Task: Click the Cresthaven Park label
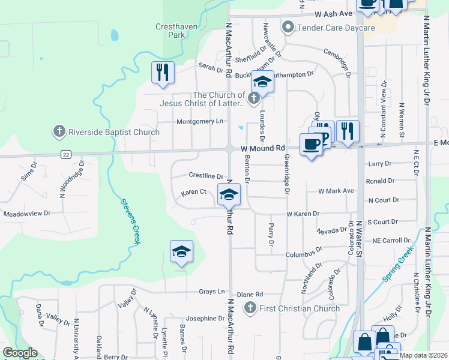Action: click(x=170, y=31)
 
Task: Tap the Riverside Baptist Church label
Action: click(x=114, y=132)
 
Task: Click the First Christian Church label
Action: click(x=299, y=308)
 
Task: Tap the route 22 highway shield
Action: click(x=66, y=154)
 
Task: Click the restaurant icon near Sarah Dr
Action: click(x=163, y=73)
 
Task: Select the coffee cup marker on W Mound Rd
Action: click(x=312, y=144)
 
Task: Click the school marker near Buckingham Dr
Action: click(x=262, y=82)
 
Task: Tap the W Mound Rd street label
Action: click(x=263, y=148)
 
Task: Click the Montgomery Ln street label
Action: click(x=200, y=121)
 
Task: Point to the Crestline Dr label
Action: click(x=206, y=176)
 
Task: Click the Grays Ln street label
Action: click(x=212, y=292)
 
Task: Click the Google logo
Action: click(x=20, y=353)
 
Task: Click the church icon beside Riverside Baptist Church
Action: click(x=59, y=131)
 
